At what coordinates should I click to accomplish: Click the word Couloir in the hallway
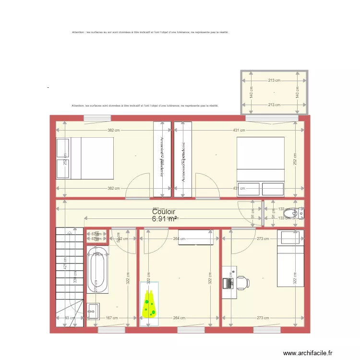164,211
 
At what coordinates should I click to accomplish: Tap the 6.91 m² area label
164,219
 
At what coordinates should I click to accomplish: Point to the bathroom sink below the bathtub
94,311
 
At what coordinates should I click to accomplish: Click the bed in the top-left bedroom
85,158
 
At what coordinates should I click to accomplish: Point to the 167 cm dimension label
111,318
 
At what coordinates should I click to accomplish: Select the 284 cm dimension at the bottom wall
179,318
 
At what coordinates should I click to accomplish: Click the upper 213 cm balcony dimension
274,81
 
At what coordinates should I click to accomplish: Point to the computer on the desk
228,283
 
